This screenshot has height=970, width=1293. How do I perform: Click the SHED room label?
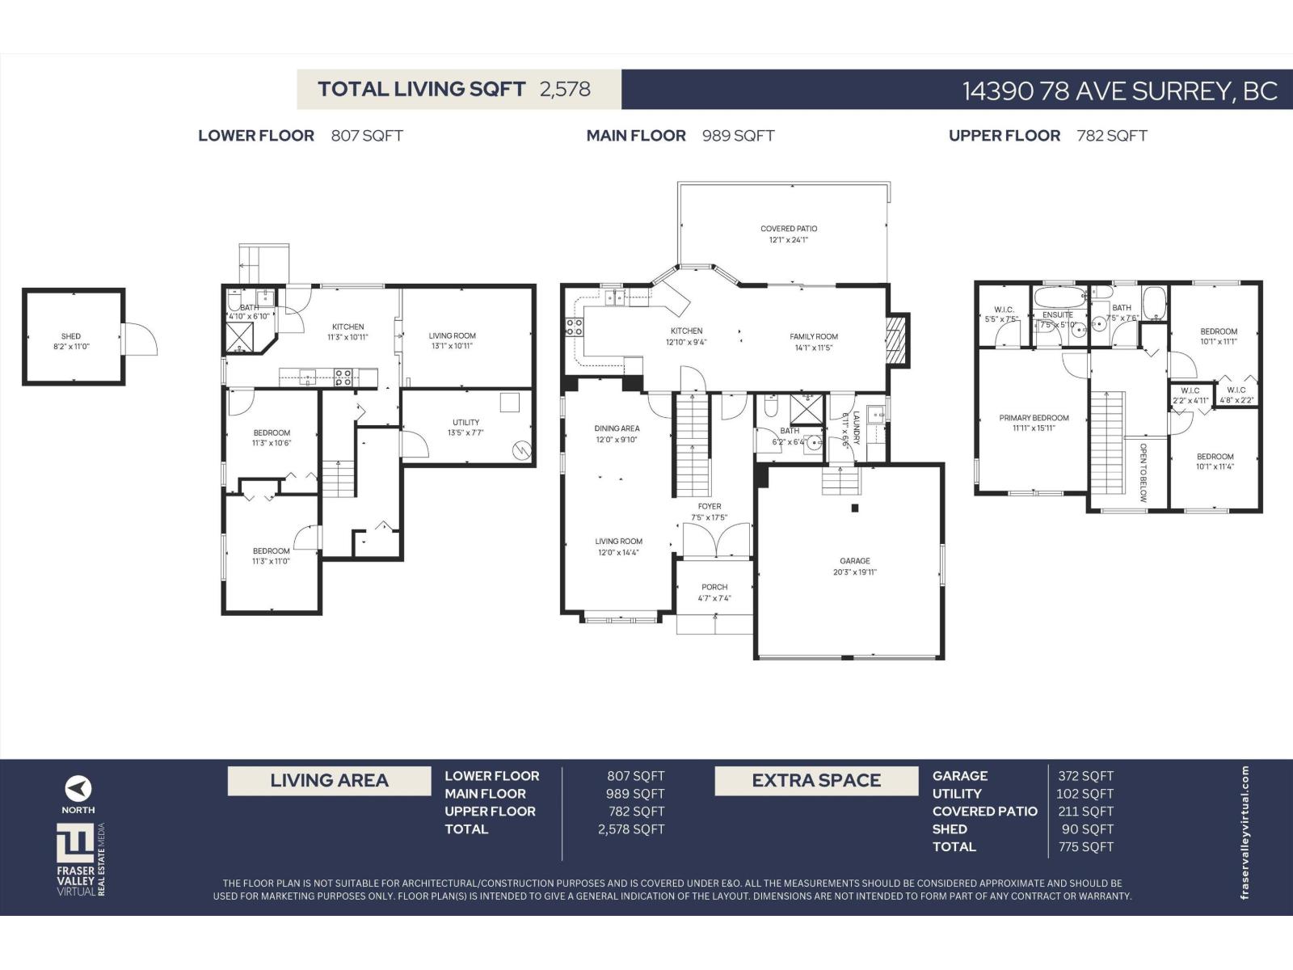[71, 336]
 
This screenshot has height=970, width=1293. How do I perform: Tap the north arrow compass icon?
[78, 788]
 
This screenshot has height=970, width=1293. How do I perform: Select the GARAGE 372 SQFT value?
[1085, 776]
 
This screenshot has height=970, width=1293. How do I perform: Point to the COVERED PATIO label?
[789, 229]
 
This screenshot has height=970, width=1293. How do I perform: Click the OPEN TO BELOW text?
[1143, 472]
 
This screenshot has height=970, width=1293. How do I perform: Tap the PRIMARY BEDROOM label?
[1034, 418]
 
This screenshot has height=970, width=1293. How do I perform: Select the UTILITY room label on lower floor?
[465, 422]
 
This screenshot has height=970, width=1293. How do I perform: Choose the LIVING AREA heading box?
[329, 781]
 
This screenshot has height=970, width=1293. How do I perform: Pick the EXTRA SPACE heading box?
[816, 781]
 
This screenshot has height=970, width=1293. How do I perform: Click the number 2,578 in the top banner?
[565, 89]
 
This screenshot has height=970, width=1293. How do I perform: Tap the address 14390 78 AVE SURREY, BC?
[1119, 91]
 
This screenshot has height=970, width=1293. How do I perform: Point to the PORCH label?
[714, 588]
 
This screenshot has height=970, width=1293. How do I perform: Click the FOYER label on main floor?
[710, 507]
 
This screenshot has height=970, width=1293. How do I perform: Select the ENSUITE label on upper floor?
[1057, 314]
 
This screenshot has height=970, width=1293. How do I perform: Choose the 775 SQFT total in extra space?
[1085, 847]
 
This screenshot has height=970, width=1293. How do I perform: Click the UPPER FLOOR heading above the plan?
[1004, 136]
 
